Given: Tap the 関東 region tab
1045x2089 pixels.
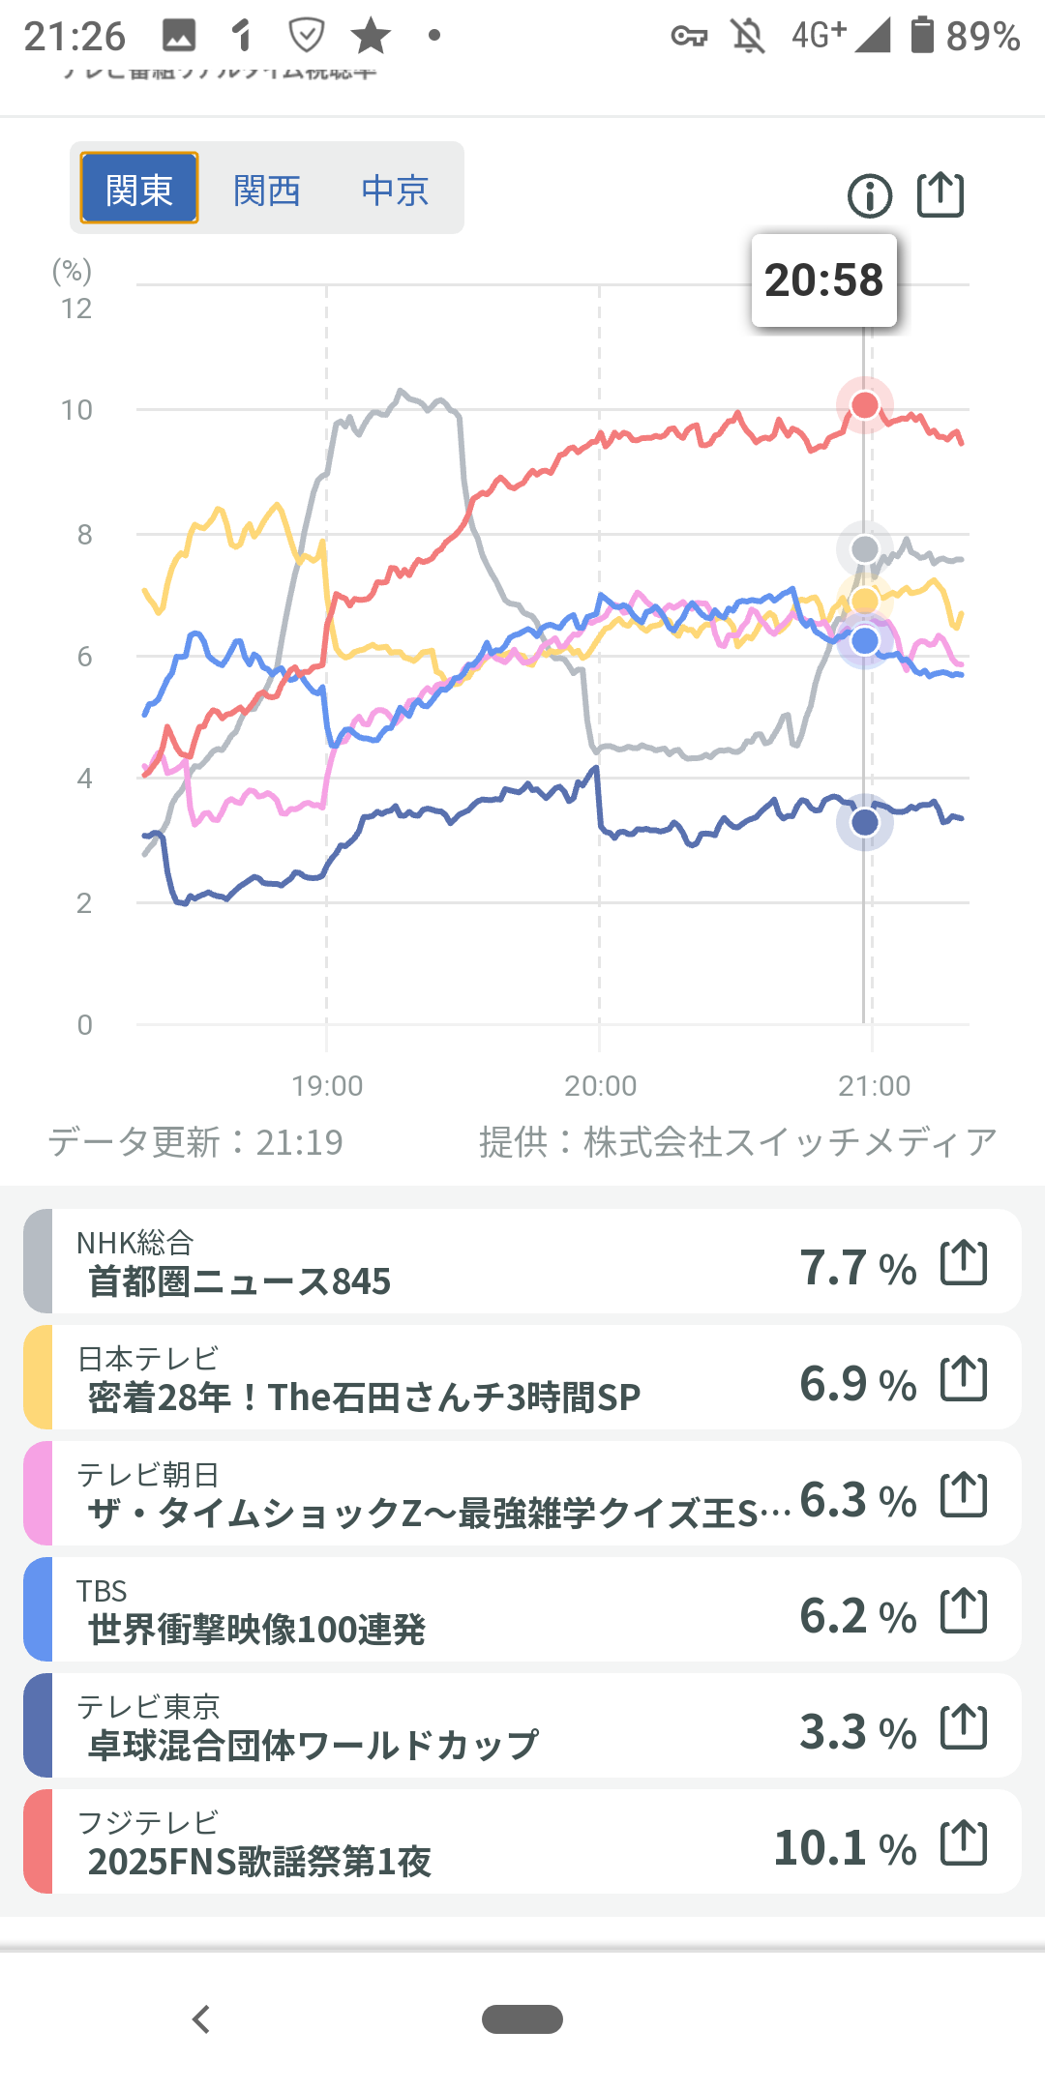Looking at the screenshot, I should pyautogui.click(x=139, y=189).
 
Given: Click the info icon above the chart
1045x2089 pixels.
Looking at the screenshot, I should pyautogui.click(x=869, y=196).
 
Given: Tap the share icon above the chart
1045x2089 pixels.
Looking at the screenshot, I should pyautogui.click(x=940, y=194).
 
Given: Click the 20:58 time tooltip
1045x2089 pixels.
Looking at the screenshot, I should pyautogui.click(x=824, y=280).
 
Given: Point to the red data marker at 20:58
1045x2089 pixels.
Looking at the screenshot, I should pyautogui.click(x=865, y=405).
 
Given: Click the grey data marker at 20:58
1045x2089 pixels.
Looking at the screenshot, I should pyautogui.click(x=865, y=549).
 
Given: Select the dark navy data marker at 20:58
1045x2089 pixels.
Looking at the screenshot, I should pyautogui.click(x=865, y=822).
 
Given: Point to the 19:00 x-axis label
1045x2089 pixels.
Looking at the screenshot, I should pyautogui.click(x=327, y=1086).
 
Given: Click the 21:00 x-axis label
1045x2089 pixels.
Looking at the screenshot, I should pyautogui.click(x=874, y=1086).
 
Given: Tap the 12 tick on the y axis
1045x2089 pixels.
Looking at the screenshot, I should pyautogui.click(x=76, y=309).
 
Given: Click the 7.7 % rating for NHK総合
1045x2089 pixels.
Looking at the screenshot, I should pyautogui.click(x=857, y=1268).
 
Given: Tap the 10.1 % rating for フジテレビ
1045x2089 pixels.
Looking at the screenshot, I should pyautogui.click(x=845, y=1848).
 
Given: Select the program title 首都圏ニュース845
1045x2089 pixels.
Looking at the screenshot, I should pyautogui.click(x=240, y=1282).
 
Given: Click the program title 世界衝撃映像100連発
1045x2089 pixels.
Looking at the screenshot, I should pyautogui.click(x=257, y=1631).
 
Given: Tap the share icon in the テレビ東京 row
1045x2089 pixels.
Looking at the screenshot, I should pyautogui.click(x=964, y=1727).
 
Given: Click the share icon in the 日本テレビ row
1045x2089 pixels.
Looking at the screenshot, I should pyautogui.click(x=964, y=1379).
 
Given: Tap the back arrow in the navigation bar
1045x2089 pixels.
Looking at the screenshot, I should pyautogui.click(x=201, y=2019).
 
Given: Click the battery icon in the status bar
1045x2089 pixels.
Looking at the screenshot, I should pyautogui.click(x=922, y=35).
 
